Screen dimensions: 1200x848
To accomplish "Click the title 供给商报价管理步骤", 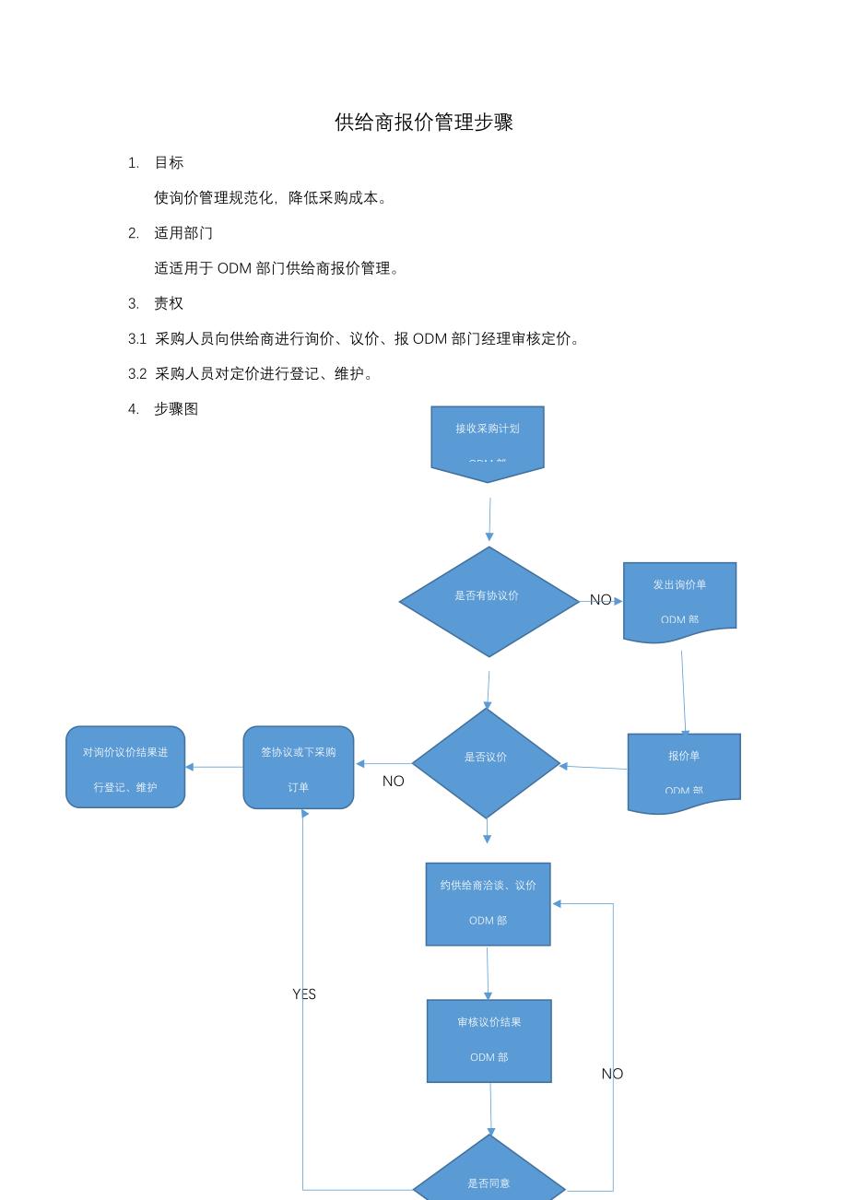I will tap(424, 123).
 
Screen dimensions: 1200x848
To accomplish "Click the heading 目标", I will tap(169, 163).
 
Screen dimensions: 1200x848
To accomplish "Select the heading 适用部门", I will tap(183, 233).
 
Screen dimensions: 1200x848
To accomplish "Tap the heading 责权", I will tap(169, 303).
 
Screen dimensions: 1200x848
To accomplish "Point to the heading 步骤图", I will tap(176, 409).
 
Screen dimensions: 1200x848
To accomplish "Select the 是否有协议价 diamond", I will tap(489, 601).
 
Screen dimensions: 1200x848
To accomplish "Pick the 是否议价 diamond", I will tap(486, 762).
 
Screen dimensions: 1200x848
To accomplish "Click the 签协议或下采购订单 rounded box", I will tap(299, 768).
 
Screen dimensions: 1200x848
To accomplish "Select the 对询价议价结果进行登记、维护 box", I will tap(125, 768).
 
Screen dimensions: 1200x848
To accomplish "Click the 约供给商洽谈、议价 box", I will tap(488, 903).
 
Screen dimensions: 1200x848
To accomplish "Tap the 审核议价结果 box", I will tap(489, 1041).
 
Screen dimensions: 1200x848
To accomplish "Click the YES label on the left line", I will tap(304, 994).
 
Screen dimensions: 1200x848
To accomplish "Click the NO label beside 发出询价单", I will tap(600, 600).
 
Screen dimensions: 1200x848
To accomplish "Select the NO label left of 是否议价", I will tap(394, 782).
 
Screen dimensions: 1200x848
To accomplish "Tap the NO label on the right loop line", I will tap(612, 1074).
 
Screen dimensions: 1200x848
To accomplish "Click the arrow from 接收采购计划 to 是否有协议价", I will tap(489, 519).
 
